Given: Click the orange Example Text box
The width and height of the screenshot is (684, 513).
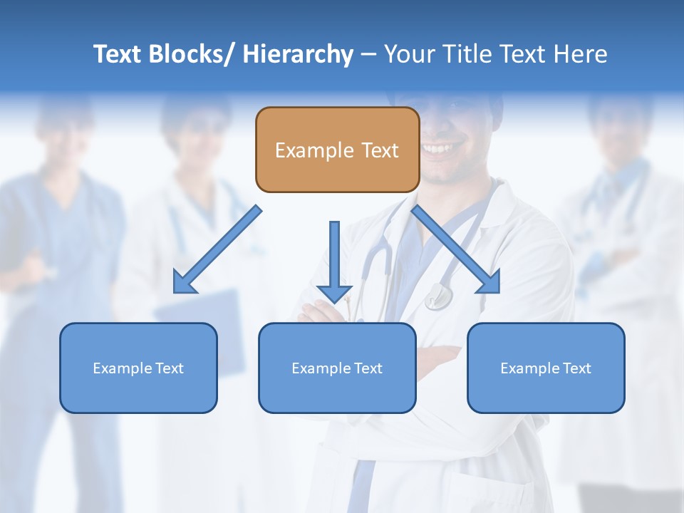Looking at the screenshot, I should [337, 150].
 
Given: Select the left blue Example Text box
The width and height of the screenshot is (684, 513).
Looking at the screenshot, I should [138, 368].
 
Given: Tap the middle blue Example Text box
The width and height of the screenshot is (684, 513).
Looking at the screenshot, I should [337, 368].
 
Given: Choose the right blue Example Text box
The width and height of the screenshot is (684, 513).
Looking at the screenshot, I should [546, 368].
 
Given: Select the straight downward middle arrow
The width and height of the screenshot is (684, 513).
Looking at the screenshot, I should [334, 256].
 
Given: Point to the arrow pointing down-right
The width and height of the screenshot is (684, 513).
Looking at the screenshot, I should [456, 249].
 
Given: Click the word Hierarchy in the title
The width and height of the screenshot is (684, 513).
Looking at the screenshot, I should [298, 54].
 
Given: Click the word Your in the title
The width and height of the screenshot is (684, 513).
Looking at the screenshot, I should [409, 54].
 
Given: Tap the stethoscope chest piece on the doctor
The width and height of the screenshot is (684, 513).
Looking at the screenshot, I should [437, 297].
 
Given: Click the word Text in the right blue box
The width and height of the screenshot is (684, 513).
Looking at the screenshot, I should [576, 368].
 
